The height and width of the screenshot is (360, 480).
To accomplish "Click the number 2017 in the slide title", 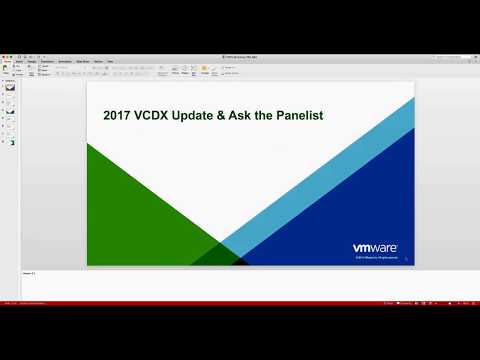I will tap(119, 115).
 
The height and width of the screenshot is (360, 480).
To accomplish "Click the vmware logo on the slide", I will tap(376, 248).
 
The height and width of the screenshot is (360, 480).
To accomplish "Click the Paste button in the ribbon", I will tap(7, 70).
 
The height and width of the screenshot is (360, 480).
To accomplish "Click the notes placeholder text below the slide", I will tap(30, 272).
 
